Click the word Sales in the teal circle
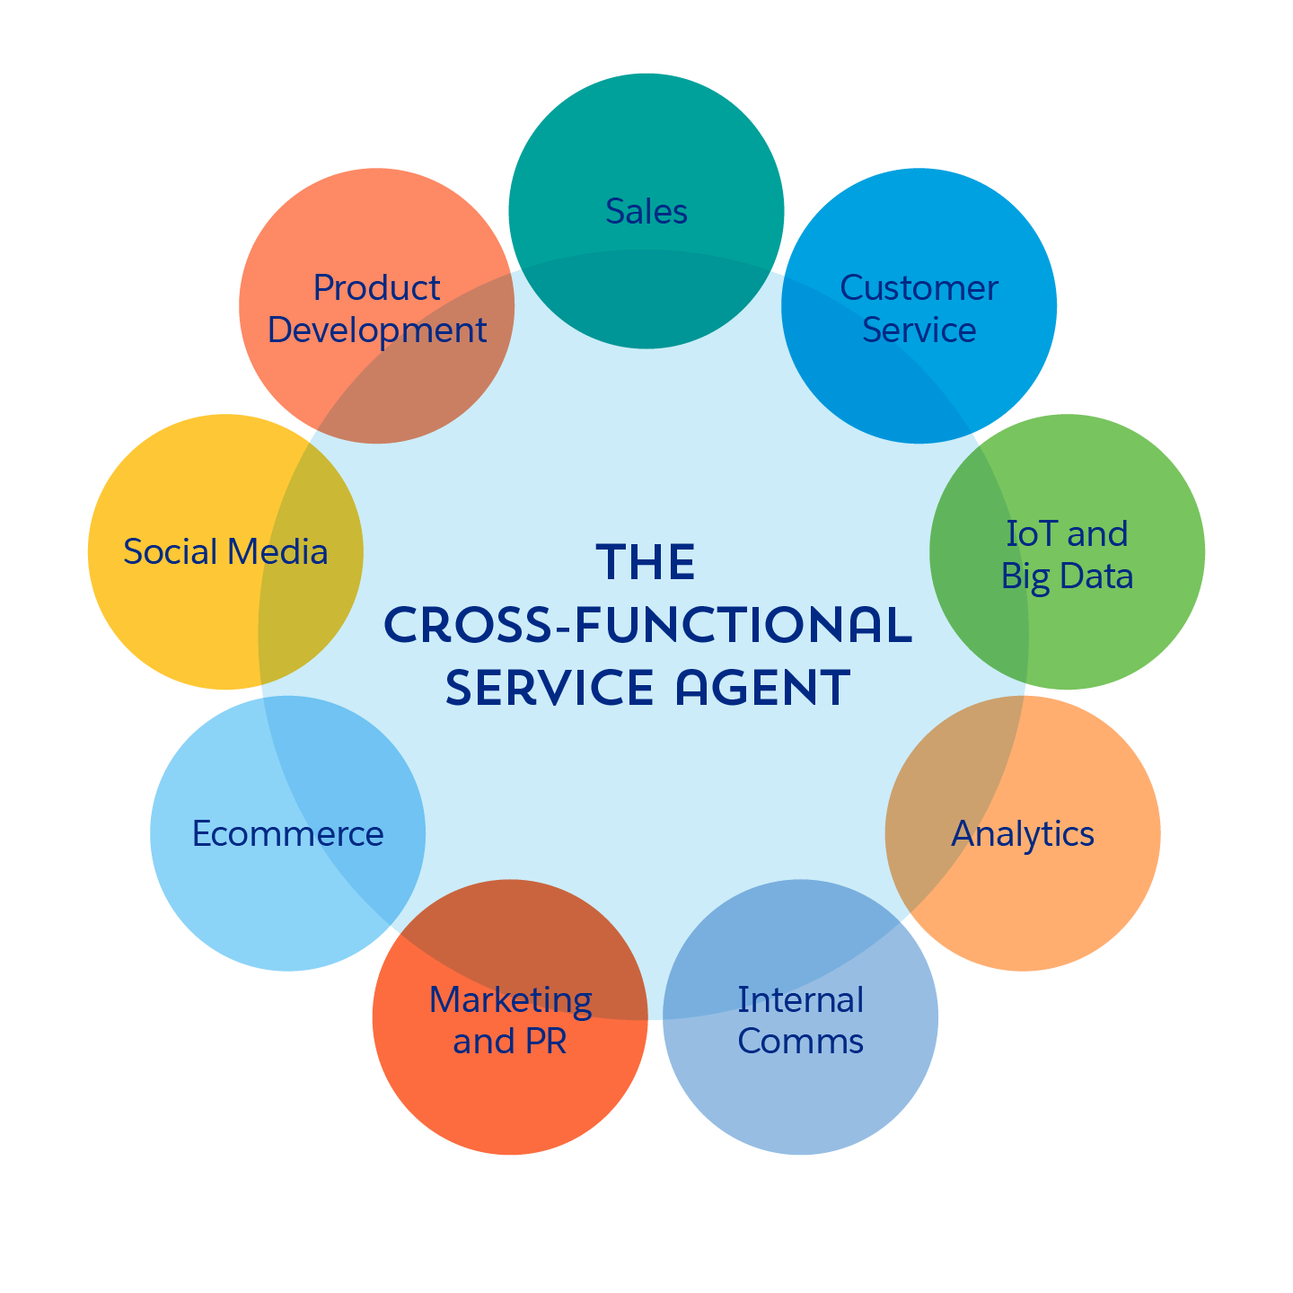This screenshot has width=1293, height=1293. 646,211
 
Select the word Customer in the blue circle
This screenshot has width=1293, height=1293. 919,288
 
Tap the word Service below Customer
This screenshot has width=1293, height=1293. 919,330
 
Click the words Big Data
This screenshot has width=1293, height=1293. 1067,576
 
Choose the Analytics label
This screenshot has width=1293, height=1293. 1023,833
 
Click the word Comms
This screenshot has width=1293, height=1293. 800,1042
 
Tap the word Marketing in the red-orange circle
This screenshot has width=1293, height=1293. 510,999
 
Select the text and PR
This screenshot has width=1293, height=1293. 510,1042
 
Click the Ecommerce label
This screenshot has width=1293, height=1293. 287,833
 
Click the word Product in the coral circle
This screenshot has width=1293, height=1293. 376,288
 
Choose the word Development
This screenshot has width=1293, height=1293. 376,330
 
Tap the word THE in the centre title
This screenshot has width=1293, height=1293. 646,563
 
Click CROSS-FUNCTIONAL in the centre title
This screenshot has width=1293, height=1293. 646,626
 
